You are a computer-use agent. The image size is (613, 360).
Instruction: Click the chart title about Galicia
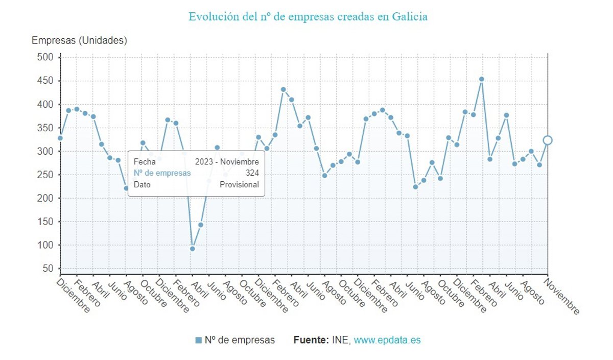pos(308,17)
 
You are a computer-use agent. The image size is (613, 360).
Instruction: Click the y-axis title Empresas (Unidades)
pos(79,40)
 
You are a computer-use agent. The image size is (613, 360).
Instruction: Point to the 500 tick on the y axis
pos(45,57)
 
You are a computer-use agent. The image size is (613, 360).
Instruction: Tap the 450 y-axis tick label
pos(45,81)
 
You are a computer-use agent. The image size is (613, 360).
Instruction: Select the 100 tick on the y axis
pos(45,245)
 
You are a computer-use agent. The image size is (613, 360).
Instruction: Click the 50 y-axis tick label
pos(48,269)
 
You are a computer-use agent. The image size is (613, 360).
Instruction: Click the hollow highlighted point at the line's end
pos(548,140)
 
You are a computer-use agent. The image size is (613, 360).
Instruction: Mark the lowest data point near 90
pos(193,249)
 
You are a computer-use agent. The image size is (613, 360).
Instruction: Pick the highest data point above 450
pos(481,79)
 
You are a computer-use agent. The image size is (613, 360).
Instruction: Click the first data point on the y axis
pos(60,138)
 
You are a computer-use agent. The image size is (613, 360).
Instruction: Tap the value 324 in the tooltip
pos(252,173)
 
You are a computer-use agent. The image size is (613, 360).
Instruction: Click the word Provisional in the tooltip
pos(239,185)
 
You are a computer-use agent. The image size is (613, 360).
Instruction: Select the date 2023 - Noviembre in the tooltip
pos(227,161)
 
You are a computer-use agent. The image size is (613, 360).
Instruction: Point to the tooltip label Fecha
pos(144,161)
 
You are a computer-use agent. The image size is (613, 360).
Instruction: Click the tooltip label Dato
pos(142,185)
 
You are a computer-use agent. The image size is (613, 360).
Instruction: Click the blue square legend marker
pos(198,340)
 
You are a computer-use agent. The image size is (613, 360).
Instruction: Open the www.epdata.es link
pos(387,340)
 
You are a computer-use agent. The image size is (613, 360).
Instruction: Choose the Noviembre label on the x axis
pos(563,296)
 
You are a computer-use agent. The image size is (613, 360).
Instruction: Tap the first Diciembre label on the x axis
pos(74,295)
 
